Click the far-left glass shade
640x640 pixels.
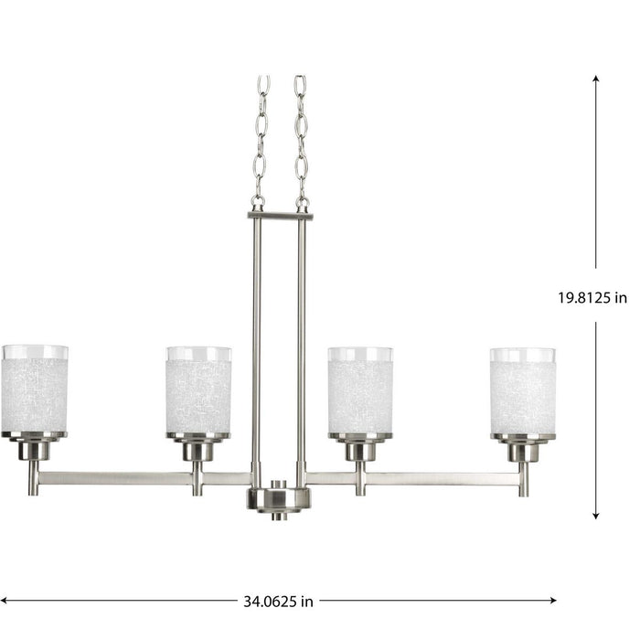point(35,389)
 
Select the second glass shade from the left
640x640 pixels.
point(197,389)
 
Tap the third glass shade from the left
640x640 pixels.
point(359,389)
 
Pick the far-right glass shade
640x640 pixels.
point(522,389)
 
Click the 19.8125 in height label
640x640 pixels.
point(593,297)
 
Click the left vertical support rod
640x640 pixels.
point(257,347)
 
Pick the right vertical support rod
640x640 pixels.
point(302,347)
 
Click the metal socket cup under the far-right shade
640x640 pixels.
point(522,449)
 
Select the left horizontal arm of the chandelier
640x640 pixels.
point(137,478)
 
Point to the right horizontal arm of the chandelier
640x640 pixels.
point(421,478)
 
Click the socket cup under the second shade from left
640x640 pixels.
point(197,449)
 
